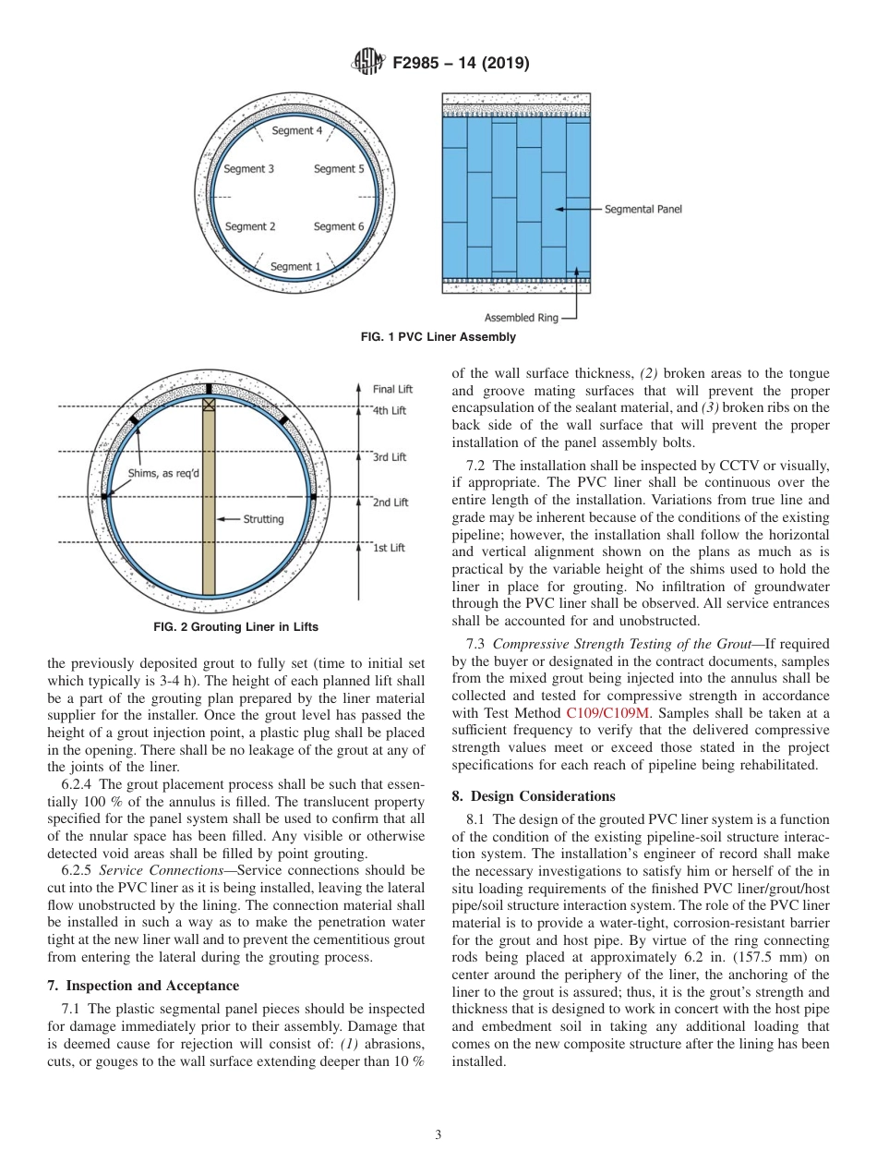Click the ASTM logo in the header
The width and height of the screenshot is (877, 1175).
(x=367, y=64)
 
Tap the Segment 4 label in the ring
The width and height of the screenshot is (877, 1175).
(x=297, y=131)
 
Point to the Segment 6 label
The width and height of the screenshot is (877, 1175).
(x=339, y=226)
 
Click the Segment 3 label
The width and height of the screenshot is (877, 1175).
(x=249, y=169)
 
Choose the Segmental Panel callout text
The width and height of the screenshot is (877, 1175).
(x=643, y=210)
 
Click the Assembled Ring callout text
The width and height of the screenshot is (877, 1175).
(x=522, y=318)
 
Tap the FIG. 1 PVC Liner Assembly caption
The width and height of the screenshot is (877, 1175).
(x=438, y=337)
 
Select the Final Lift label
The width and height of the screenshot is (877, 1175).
(x=392, y=390)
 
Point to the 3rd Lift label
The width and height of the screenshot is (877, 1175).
(x=390, y=457)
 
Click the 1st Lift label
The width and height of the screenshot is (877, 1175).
(x=389, y=548)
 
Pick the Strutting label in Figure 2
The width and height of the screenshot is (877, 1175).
(x=263, y=519)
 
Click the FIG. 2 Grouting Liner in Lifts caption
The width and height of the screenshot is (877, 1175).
(x=235, y=627)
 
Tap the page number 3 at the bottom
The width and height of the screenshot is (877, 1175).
(x=438, y=1135)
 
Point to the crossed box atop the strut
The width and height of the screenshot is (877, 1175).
(x=209, y=404)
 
